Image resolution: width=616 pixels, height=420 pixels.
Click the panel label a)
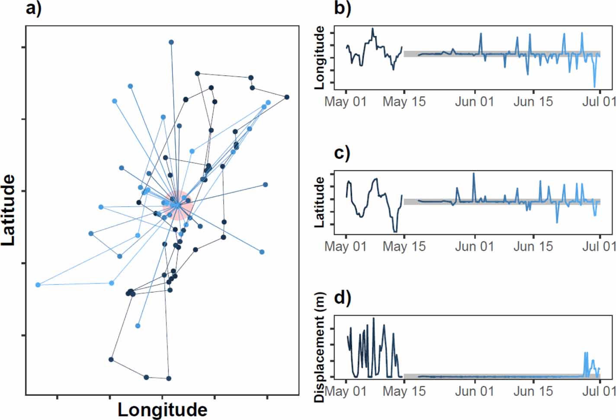point(34,9)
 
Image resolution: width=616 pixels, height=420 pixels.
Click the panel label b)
point(342,9)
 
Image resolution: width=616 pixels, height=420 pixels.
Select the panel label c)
point(342,153)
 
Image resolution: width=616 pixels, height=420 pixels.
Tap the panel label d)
point(343,298)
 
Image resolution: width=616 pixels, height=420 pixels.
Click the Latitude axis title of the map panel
point(9,210)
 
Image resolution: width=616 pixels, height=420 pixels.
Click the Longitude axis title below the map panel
point(162,409)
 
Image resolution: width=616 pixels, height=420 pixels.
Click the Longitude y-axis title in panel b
point(320,58)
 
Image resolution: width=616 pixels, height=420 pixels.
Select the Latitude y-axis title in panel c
point(320,203)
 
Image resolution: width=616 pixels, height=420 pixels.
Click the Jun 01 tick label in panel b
point(475,102)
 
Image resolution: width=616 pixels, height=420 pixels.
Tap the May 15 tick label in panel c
point(404,246)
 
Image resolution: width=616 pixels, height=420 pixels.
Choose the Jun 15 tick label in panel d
point(533,391)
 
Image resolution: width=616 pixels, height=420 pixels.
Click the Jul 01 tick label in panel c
point(599,246)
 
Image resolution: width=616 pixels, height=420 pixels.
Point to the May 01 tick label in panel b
point(346,102)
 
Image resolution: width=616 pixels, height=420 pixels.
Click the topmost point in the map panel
point(171,42)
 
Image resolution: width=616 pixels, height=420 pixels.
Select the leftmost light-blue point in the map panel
point(38,284)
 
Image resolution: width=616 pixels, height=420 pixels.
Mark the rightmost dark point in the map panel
point(287,97)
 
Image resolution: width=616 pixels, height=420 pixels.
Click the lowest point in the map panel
point(169,378)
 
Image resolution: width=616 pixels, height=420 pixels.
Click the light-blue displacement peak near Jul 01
point(586,353)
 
